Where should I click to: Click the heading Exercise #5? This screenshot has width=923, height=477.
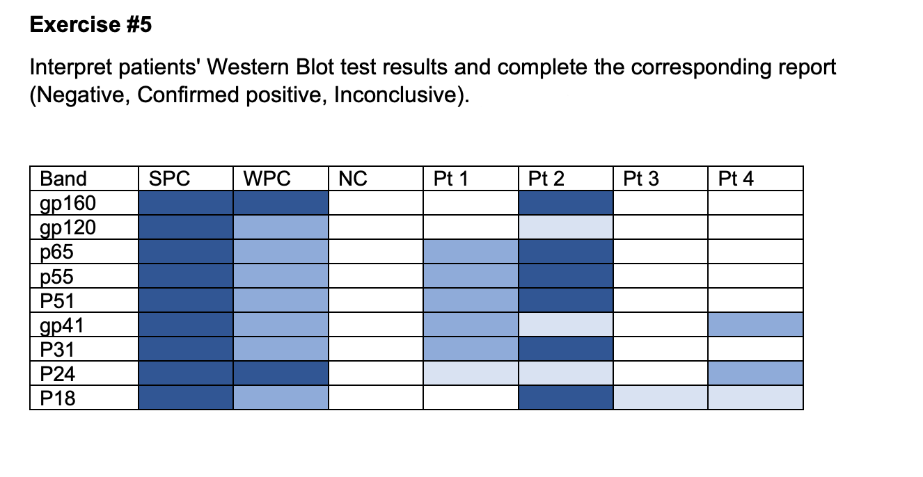coord(91,26)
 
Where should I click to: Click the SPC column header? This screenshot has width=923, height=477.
coord(169,179)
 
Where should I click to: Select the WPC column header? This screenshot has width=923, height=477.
coord(267,179)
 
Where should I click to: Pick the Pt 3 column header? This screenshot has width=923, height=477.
coord(640,179)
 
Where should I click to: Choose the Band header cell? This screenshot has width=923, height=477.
coord(63,179)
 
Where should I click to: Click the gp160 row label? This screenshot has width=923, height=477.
coord(68,204)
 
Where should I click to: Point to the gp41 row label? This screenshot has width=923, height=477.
coord(63,325)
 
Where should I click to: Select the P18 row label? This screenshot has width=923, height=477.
coord(58,398)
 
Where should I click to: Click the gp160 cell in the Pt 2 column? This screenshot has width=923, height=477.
coord(565,203)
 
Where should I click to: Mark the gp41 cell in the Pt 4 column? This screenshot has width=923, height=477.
coord(755,325)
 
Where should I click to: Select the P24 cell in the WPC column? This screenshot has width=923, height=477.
coord(280,373)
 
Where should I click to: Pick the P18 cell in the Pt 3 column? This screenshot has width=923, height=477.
coord(660,398)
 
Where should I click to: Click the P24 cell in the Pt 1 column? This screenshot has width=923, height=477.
coord(470,373)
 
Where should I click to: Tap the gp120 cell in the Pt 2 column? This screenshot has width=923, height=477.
coord(565,227)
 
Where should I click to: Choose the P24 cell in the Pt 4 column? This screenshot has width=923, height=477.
coord(755,373)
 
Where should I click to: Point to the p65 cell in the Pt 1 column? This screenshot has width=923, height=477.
coord(470,252)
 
